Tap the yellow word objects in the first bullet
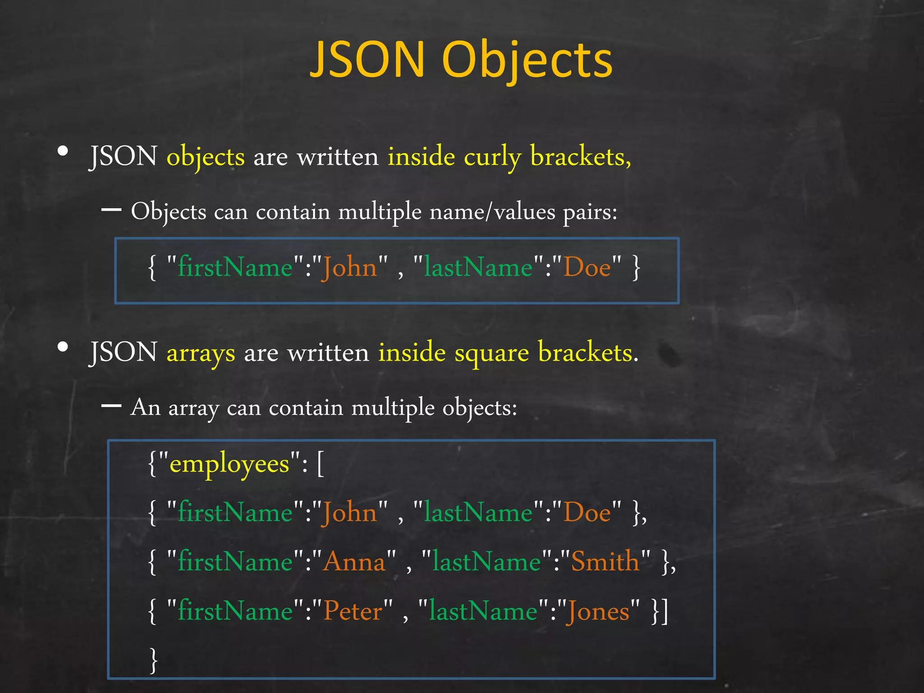[x=206, y=157]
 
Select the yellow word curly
[x=492, y=157]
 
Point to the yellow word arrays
[x=201, y=353]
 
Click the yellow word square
[x=492, y=353]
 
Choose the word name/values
[x=492, y=212]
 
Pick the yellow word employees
[x=229, y=464]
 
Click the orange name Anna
[x=354, y=562]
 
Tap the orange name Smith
[x=605, y=562]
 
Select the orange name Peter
[x=353, y=611]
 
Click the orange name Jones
[x=598, y=611]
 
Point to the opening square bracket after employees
[x=320, y=464]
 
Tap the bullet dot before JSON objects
[x=63, y=152]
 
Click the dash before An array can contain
[x=111, y=406]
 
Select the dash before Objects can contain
[x=111, y=210]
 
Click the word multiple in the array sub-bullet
[x=393, y=408]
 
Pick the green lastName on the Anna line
[x=486, y=562]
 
